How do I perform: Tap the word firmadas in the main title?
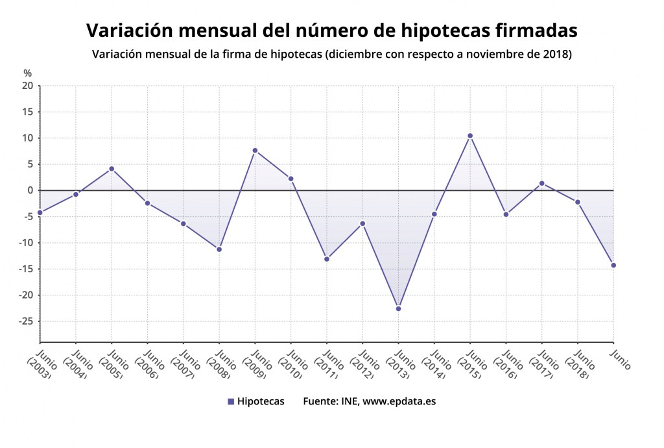[536, 30]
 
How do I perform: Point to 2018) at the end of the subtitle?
[557, 54]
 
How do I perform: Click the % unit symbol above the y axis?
[27, 73]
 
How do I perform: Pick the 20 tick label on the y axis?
[27, 86]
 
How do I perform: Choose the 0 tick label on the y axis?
[30, 190]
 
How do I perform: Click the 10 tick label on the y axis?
[27, 138]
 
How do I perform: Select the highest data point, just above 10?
[470, 136]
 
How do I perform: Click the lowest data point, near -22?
[398, 308]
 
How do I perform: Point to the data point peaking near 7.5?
[255, 151]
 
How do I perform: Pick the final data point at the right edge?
[613, 265]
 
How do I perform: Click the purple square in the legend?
[231, 402]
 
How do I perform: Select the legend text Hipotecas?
[261, 401]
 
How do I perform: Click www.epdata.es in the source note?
[399, 401]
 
